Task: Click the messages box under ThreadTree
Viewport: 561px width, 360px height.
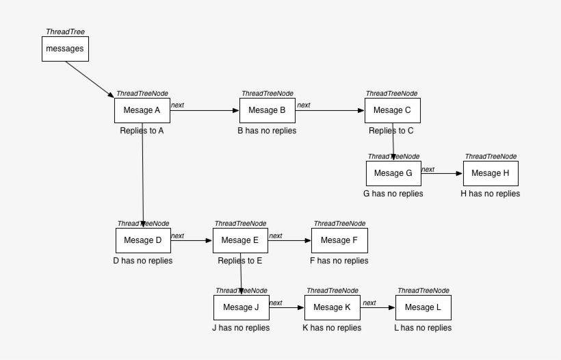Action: (64, 49)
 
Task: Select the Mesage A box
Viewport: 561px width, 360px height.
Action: (142, 110)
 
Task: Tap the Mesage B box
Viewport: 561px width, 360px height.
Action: (267, 110)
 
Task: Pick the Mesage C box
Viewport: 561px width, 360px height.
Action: (392, 110)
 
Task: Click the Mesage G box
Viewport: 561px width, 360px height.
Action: (393, 173)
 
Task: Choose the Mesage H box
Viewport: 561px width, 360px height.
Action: (491, 173)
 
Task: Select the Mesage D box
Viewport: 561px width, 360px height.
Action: (142, 240)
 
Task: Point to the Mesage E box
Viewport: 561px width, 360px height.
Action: (240, 240)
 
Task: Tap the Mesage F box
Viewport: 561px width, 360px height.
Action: (339, 240)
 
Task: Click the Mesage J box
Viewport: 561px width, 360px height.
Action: (241, 307)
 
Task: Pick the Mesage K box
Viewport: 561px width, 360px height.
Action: (332, 307)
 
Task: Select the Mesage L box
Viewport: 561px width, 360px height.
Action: (423, 307)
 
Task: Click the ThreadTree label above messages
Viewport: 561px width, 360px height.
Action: (65, 31)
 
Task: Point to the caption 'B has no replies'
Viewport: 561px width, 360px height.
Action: (267, 130)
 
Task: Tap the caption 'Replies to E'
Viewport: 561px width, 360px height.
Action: (240, 261)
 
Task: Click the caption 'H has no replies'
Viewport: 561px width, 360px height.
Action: (490, 194)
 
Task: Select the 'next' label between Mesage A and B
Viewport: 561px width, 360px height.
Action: (177, 105)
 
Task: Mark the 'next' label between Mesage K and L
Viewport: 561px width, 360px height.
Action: (369, 303)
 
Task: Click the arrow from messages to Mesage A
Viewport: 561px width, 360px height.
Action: (90, 79)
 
